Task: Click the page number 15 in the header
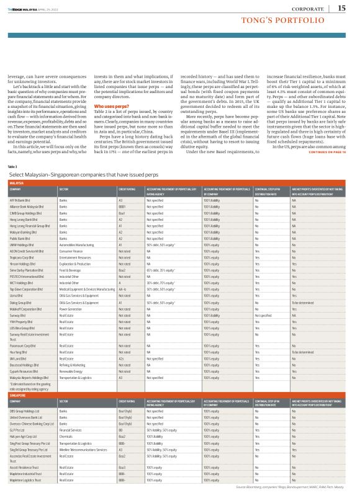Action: coord(342,8)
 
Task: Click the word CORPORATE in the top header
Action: coord(312,7)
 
